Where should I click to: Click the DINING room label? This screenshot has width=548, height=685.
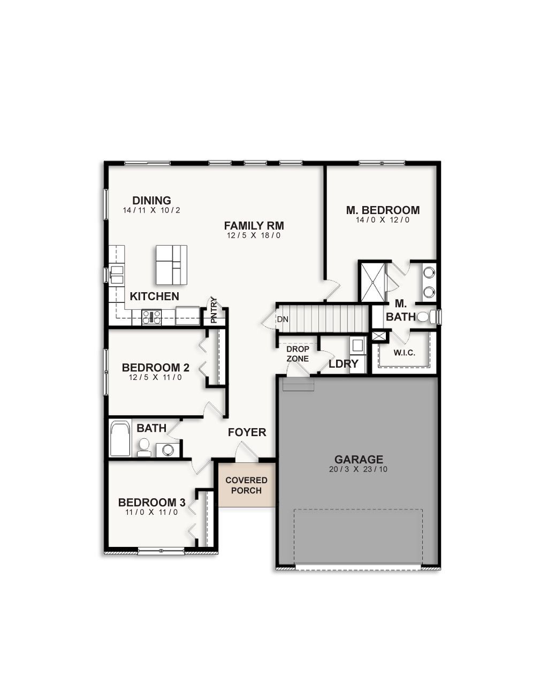click(151, 201)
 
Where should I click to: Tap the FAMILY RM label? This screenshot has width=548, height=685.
click(254, 225)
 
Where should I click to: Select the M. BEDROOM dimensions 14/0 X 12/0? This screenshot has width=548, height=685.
click(383, 220)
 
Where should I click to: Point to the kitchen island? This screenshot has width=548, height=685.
click(171, 265)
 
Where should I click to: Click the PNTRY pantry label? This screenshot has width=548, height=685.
click(214, 311)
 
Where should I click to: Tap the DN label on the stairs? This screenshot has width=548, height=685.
click(283, 319)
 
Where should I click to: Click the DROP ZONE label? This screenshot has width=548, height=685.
click(298, 354)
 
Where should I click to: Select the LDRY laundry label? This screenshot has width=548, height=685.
click(343, 364)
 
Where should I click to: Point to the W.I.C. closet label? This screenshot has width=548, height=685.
click(404, 353)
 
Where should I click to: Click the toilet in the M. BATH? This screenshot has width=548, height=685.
click(423, 317)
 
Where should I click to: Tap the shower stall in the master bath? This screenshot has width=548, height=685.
click(372, 282)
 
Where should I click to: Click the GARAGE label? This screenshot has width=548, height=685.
click(359, 459)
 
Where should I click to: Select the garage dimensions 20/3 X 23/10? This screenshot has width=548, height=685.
click(359, 469)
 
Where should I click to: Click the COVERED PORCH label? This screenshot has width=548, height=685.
click(246, 485)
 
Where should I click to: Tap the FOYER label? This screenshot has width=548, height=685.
click(247, 432)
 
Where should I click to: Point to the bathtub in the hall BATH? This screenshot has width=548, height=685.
click(120, 439)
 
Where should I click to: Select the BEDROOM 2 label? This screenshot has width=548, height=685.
click(155, 368)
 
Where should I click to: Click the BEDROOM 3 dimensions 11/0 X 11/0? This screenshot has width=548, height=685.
click(151, 512)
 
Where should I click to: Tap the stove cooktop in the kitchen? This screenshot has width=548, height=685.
click(151, 317)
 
